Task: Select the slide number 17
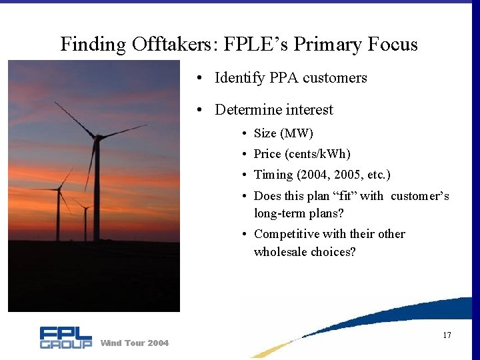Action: (x=447, y=335)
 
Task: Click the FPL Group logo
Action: (x=65, y=337)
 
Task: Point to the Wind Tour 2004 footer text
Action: (x=134, y=343)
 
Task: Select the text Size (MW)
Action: (x=283, y=133)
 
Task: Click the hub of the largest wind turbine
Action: (x=97, y=138)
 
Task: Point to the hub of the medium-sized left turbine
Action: (x=59, y=189)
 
